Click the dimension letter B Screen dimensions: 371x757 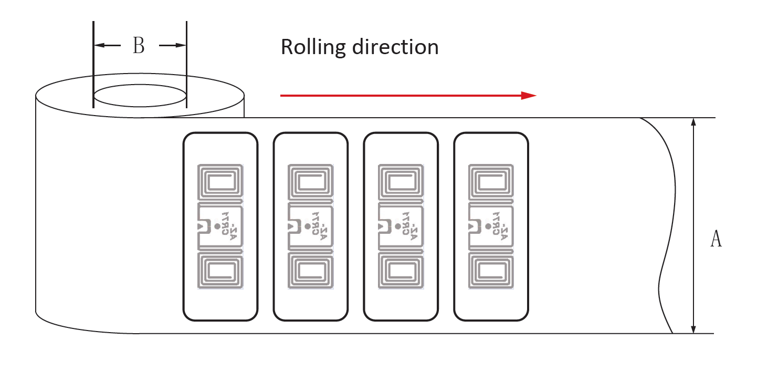139,46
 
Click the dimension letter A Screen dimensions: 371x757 716,239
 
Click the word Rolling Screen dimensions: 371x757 313,47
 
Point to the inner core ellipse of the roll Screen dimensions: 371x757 140,97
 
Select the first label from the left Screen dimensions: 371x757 220,226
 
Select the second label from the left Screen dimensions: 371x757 310,226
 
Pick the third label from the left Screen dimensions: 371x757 401,226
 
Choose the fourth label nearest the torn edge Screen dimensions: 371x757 491,226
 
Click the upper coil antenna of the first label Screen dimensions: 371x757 220,183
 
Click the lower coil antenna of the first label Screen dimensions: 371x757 220,270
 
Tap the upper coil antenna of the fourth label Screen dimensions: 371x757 491,183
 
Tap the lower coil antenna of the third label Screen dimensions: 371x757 401,270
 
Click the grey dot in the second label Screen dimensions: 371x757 307,226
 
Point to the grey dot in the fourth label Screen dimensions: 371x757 488,226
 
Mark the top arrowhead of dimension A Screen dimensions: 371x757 693,122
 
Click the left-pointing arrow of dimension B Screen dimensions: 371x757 100,46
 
